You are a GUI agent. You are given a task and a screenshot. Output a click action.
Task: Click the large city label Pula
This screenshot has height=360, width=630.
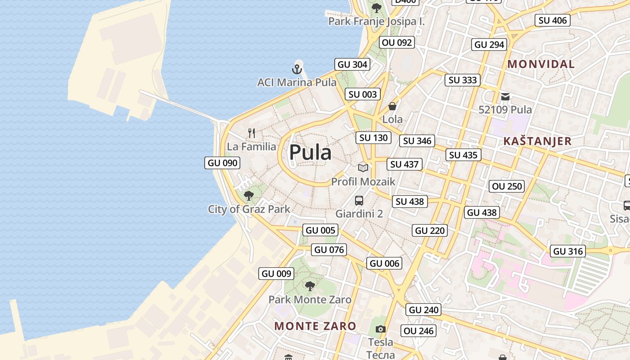[310, 153]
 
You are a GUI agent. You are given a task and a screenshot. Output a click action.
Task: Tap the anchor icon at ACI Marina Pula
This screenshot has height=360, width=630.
[297, 69]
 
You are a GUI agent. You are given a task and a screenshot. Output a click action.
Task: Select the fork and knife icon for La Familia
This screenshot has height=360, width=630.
[252, 133]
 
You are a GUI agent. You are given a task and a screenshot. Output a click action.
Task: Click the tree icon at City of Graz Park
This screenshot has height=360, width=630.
[249, 196]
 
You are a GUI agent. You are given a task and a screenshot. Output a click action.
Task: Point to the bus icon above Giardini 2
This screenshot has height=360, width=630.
[359, 201]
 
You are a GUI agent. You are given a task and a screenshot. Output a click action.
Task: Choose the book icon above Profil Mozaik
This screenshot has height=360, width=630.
[363, 168]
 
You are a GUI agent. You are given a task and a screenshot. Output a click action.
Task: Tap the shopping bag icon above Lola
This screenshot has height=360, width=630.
[392, 106]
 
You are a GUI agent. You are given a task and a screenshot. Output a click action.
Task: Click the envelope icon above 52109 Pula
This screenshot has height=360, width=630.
[505, 96]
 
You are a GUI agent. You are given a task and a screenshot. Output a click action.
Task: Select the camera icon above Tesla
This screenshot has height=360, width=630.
[381, 329]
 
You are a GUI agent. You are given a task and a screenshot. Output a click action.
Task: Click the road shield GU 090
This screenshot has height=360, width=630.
[223, 163]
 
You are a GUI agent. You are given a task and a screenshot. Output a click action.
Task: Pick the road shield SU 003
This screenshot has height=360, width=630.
[363, 94]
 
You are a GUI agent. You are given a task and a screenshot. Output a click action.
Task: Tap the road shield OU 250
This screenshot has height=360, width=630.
[507, 186]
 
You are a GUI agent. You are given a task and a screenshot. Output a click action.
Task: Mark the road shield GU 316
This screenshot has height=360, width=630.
[568, 252]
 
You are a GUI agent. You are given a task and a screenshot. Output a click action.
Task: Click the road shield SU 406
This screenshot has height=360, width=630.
[553, 20]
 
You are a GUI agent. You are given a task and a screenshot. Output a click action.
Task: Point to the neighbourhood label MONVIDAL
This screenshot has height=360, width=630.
[541, 64]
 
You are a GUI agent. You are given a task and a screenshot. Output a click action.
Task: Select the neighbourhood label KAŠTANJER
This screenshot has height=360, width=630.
[537, 141]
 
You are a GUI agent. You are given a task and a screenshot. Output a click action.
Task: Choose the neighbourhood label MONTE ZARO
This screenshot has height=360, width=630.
[315, 326]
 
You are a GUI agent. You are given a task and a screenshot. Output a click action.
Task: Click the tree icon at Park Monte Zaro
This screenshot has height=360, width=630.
[310, 286]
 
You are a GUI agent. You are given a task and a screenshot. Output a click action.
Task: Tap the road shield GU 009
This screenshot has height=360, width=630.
[277, 274]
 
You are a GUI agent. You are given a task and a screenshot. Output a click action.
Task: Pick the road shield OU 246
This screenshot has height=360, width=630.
[418, 331]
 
